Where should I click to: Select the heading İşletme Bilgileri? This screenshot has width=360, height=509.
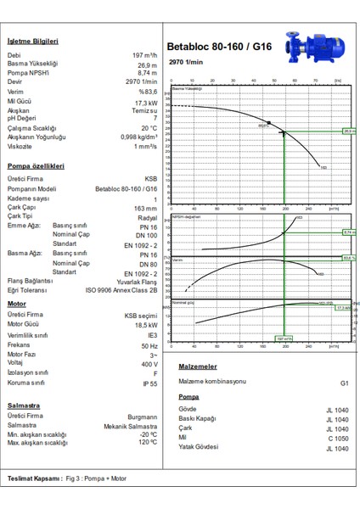coord(33,42)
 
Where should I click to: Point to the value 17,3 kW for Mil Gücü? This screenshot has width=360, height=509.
coord(145,102)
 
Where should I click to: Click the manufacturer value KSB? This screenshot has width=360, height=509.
coord(150,180)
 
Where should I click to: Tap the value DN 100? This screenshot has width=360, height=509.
coord(146,236)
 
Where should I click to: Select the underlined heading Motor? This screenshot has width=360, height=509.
coord(17,303)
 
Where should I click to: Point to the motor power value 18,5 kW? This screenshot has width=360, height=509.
coord(144,324)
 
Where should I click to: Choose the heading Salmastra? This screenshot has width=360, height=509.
coord(24,406)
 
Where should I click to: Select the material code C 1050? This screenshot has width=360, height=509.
coord(336,438)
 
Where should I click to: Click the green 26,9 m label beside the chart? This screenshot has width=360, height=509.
coord(348,131)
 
